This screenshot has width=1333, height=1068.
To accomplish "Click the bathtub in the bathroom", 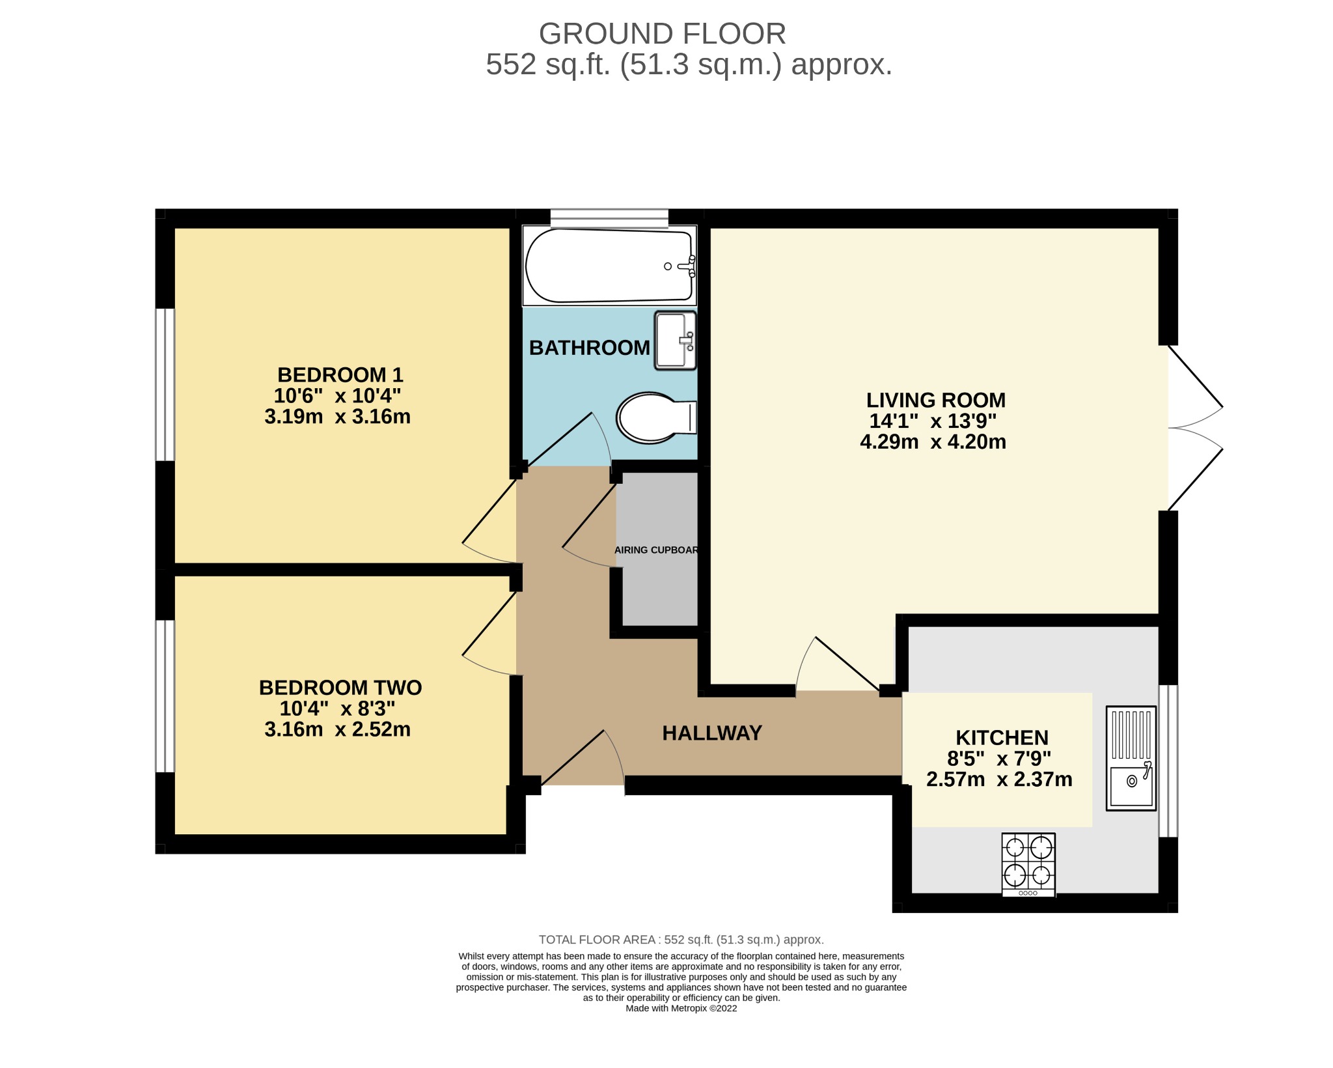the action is [610, 266].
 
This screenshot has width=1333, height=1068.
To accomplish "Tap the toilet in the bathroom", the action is [656, 417].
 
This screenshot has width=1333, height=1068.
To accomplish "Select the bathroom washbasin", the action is [676, 341].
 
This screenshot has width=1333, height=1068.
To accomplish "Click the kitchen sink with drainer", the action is [1131, 759].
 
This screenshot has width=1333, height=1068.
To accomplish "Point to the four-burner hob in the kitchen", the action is [1028, 865].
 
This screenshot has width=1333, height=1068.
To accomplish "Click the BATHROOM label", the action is [590, 348].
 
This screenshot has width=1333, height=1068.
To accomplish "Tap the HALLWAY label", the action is [712, 733].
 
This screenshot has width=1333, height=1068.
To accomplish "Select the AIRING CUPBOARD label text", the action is [656, 550].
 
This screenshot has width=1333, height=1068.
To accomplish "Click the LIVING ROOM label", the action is [936, 400].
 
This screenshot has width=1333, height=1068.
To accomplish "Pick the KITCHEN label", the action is [1002, 738].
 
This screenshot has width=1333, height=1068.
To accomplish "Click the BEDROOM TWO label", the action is [340, 688].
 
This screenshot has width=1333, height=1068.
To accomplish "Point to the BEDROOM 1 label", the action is [340, 375].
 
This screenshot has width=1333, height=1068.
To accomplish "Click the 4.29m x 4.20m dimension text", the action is [933, 442].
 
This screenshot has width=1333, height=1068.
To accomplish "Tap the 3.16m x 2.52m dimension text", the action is [338, 729].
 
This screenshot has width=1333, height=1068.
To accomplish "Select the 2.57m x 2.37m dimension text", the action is [1000, 780].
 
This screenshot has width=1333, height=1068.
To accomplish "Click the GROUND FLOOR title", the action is [663, 34].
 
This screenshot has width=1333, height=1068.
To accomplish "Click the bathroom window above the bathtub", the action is [609, 218].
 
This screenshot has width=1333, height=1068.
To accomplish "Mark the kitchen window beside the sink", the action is [1168, 761].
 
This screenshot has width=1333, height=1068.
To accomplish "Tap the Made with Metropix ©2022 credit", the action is [681, 1009].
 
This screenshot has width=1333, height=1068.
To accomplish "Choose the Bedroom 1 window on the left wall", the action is [165, 385].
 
